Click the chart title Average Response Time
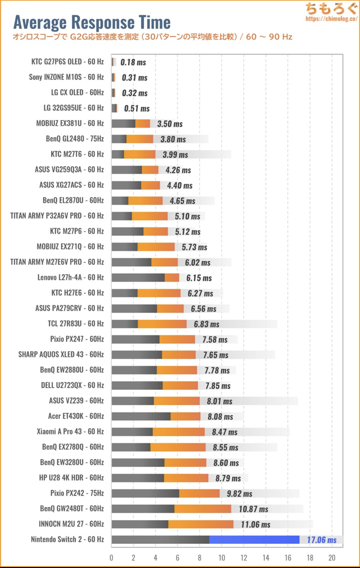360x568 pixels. [x=92, y=22]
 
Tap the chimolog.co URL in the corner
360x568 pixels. [x=331, y=19]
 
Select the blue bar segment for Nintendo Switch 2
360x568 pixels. [x=254, y=539]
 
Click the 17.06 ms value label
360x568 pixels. [x=322, y=540]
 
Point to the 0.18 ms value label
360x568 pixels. [x=133, y=62]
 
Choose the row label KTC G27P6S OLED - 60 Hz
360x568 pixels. [x=67, y=62]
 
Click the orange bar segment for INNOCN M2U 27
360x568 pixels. [x=201, y=524]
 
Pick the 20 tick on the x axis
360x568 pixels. [x=332, y=557]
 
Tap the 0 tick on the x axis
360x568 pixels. [x=111, y=557]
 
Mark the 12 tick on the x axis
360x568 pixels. [x=244, y=557]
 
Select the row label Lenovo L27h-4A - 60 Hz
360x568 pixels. [x=71, y=277]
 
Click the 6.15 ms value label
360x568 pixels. [x=199, y=278]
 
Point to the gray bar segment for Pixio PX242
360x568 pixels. [x=145, y=493]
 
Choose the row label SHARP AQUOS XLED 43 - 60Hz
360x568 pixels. [x=61, y=354]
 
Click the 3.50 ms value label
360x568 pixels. [x=169, y=124]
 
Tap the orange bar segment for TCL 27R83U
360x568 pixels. [x=162, y=324]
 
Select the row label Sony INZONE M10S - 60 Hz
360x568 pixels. [x=66, y=77]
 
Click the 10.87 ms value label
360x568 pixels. [x=253, y=509]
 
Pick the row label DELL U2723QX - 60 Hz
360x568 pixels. [x=72, y=385]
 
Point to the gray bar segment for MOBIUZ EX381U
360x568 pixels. [x=123, y=124]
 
